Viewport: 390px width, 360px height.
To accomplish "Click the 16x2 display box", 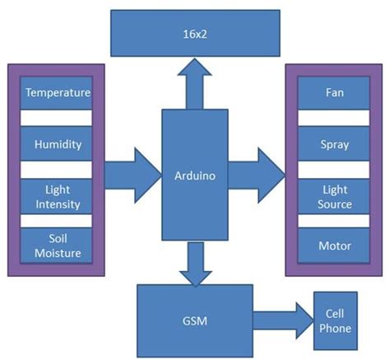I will [x=195, y=35].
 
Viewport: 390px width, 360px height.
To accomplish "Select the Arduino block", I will [x=195, y=175].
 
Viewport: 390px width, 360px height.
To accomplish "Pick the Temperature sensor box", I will [x=57, y=93].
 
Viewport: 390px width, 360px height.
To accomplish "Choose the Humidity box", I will [x=57, y=144].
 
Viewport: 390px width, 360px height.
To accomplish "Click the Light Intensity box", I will [x=57, y=196].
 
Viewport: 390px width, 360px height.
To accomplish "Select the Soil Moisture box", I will [x=57, y=246].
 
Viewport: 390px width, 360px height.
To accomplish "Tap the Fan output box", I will [x=335, y=93].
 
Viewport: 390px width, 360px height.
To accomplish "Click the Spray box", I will [x=335, y=144].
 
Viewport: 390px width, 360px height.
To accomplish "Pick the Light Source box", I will [x=335, y=196].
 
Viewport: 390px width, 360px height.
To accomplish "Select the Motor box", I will [x=335, y=246].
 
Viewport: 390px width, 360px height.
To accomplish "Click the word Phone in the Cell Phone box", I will [x=337, y=329].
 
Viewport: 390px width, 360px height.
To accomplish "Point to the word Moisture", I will [x=57, y=254].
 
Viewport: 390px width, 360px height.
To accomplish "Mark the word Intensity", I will [x=57, y=203].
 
